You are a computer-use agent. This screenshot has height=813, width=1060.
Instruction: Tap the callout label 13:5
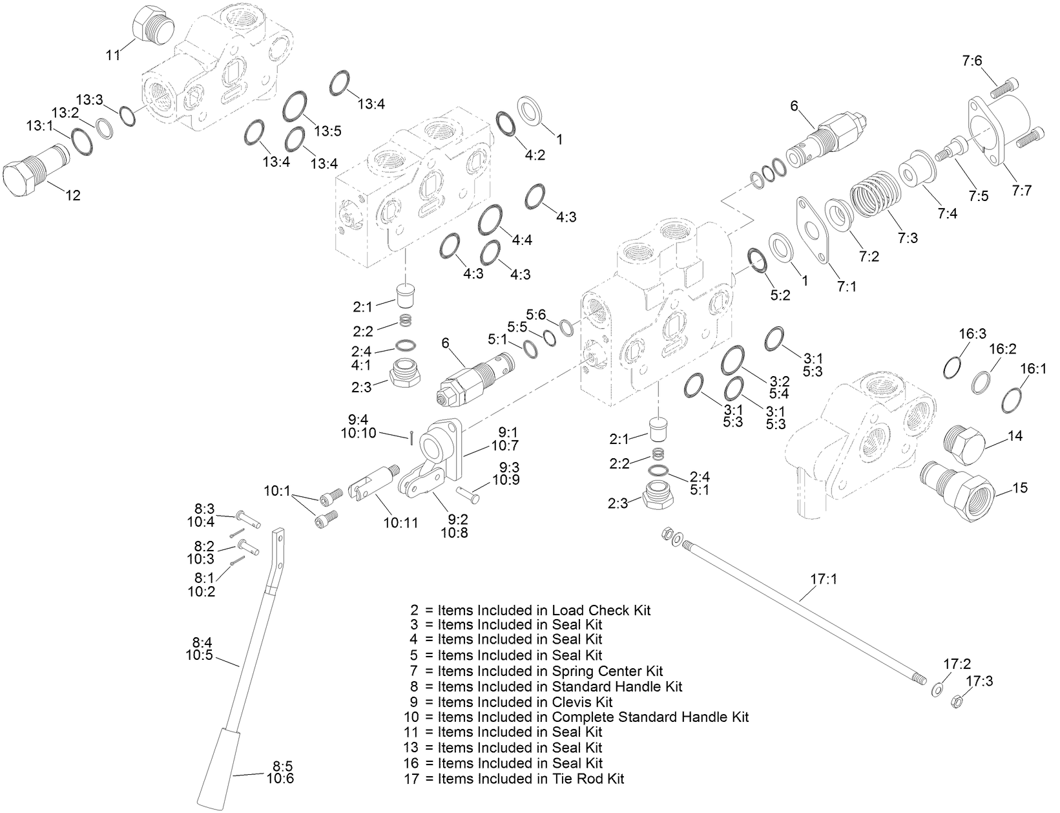pos(327,131)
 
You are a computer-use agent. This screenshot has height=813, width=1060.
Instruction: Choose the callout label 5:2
pos(781,295)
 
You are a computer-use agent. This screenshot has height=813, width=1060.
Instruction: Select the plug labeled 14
pos(963,444)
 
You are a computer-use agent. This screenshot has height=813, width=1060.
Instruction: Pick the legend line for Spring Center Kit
pos(536,671)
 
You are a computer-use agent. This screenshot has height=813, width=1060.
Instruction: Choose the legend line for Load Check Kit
pos(530,609)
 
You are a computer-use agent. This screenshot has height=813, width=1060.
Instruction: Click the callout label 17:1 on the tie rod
pos(824,580)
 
